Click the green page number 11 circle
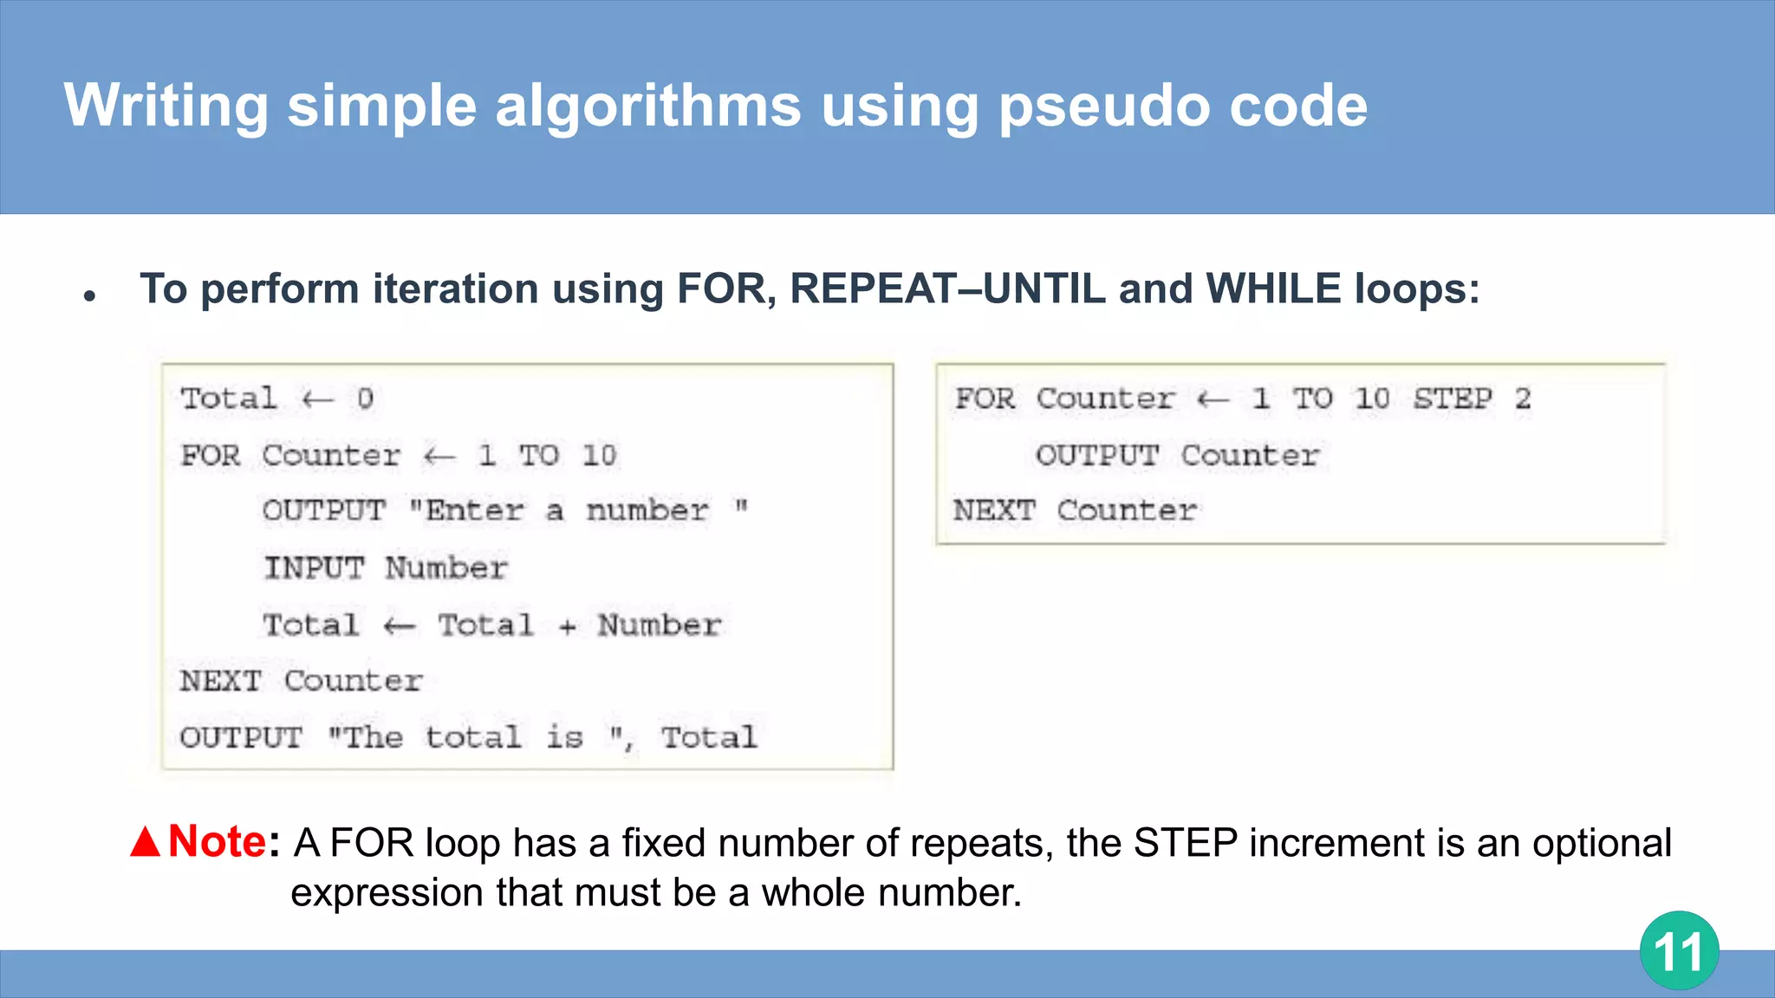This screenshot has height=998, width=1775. click(1679, 950)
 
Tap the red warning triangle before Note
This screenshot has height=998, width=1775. click(146, 842)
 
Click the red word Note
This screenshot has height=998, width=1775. click(217, 841)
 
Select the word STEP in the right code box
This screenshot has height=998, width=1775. click(1453, 399)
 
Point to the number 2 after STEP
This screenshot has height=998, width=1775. click(1523, 399)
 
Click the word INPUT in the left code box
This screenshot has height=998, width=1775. click(314, 568)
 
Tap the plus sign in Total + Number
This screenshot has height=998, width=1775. click(567, 626)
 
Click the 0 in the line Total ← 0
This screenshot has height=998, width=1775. click(365, 399)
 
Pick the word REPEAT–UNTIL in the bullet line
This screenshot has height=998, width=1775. click(947, 288)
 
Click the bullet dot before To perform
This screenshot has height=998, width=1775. click(89, 296)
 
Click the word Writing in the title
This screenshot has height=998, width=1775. click(166, 106)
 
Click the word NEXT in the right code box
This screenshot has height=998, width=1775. click(994, 510)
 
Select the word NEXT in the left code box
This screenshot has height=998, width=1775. click(220, 681)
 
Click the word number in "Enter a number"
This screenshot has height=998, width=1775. click(647, 510)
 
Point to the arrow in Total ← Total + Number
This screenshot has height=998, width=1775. click(400, 625)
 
